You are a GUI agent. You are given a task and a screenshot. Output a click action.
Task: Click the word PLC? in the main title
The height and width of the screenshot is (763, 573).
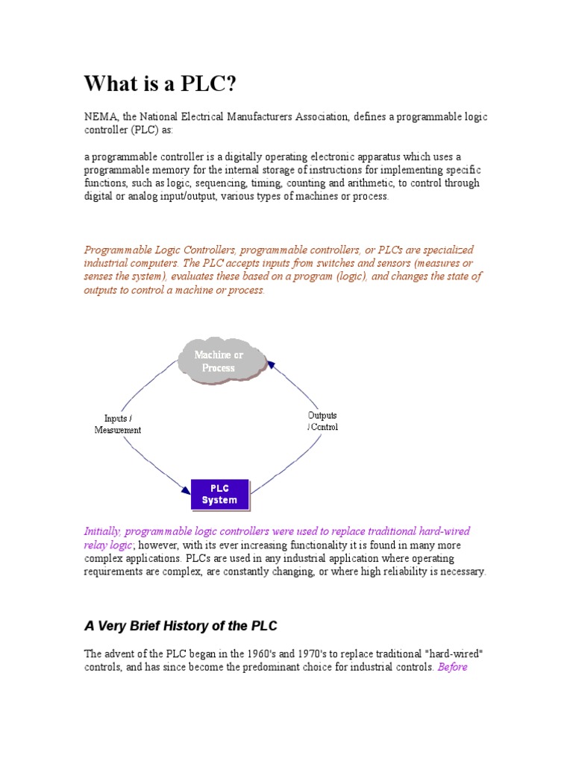[207, 83]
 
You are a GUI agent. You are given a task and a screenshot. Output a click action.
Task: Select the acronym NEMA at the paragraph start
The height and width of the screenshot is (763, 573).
[98, 117]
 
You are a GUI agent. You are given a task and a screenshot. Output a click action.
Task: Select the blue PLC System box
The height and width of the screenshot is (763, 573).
[219, 494]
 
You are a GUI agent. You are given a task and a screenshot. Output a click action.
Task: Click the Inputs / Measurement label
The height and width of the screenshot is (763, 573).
[117, 424]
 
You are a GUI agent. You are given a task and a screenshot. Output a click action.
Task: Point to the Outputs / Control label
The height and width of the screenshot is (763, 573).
[322, 421]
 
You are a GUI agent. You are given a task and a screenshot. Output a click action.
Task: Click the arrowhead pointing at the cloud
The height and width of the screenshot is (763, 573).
[271, 364]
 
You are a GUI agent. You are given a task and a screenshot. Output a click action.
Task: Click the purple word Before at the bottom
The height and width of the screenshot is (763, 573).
[453, 667]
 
